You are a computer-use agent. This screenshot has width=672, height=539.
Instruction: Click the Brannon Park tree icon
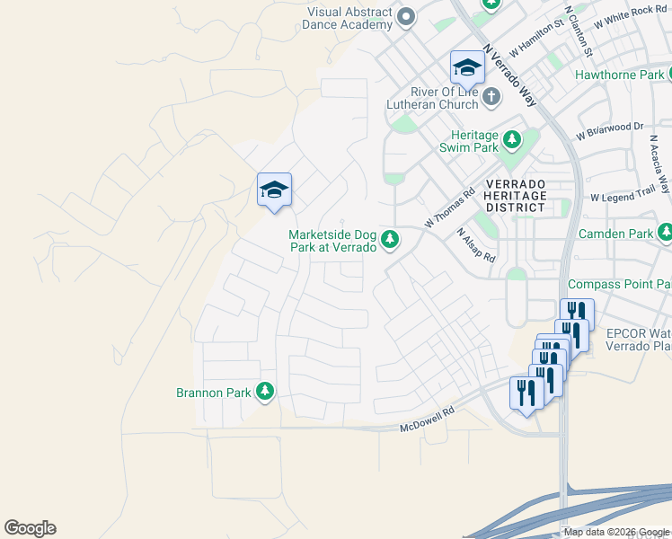[264, 391]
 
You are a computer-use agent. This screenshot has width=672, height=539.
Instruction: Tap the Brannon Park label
[215, 392]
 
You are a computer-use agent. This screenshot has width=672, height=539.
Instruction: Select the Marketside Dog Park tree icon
[390, 239]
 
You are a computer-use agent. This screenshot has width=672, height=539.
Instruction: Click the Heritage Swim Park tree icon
[512, 140]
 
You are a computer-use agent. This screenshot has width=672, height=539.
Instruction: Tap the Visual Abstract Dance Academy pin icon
[406, 17]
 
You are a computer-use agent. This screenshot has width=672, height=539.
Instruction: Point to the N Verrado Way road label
[509, 75]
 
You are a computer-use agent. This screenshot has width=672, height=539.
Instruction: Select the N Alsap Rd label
[476, 244]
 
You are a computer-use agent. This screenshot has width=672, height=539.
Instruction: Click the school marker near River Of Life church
[467, 67]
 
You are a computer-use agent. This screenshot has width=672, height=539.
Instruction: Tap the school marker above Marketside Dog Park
[274, 190]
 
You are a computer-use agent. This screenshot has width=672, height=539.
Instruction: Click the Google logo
[31, 528]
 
